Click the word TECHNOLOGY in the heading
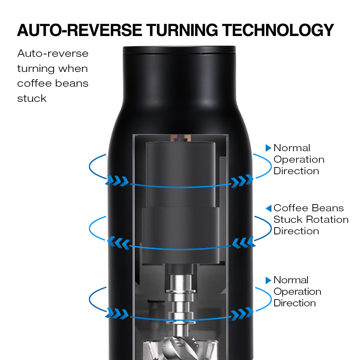tap(278, 30)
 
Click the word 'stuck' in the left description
tap(32, 99)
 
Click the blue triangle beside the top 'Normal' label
tap(269, 148)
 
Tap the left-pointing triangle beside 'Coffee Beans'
tap(269, 208)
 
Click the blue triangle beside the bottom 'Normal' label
tap(269, 280)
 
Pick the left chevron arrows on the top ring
tap(117, 181)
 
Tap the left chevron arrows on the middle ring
tap(119, 243)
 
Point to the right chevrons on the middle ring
tap(244, 243)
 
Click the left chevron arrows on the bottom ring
tap(117, 314)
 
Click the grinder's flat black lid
tap(179, 50)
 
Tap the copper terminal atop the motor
tap(181, 138)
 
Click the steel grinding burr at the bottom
tap(180, 348)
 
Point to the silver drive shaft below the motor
tap(181, 305)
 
